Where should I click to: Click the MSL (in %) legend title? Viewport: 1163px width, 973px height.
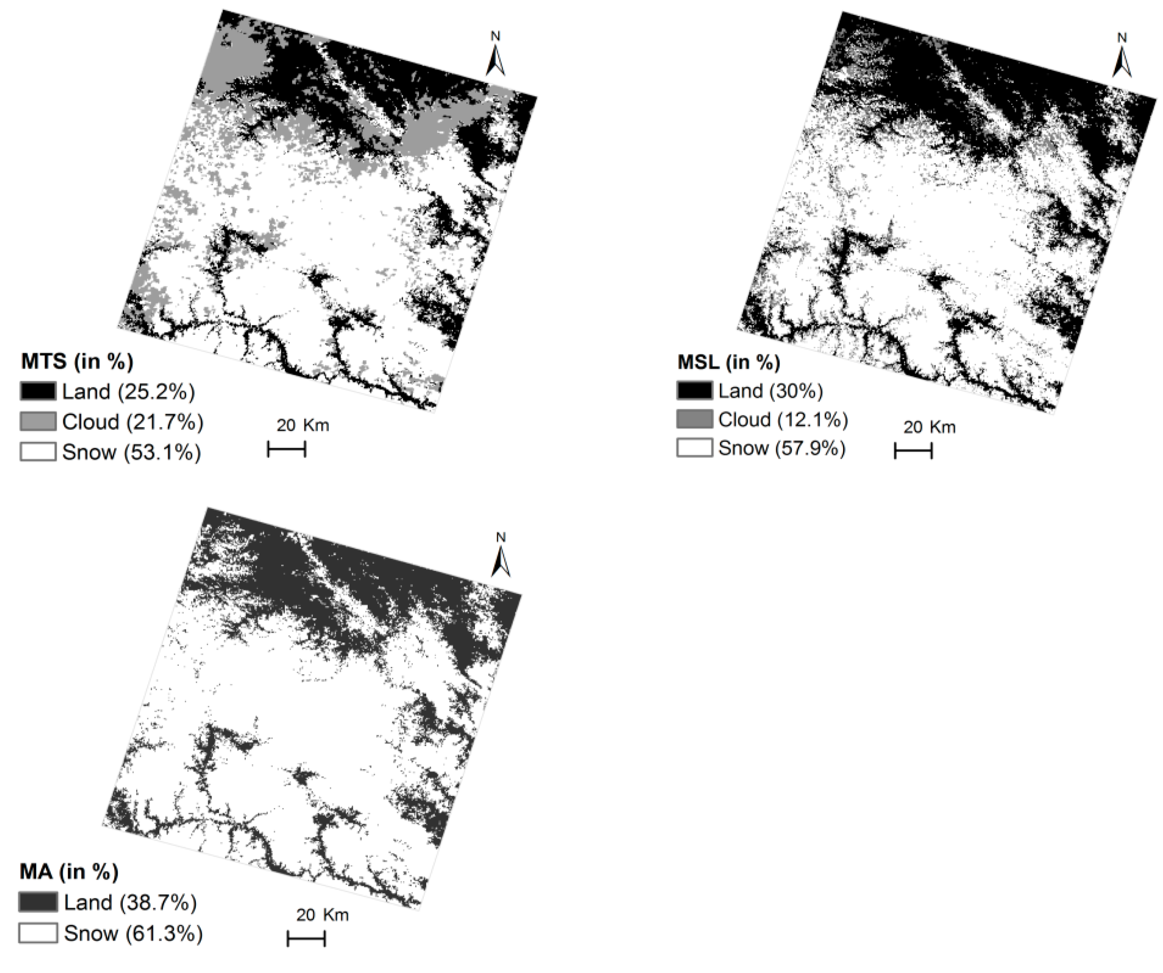(x=729, y=362)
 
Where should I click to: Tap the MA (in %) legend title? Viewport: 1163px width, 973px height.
(x=69, y=872)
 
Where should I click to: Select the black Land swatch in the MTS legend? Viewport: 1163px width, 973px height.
(x=38, y=392)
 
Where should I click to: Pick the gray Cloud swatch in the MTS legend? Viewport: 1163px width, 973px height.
(x=38, y=421)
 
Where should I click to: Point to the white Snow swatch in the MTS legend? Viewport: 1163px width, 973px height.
(x=38, y=452)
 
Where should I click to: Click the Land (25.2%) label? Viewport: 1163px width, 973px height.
(x=129, y=392)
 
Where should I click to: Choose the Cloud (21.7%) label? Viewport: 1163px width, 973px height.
(x=133, y=422)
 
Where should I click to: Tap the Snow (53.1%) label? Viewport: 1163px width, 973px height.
(x=131, y=452)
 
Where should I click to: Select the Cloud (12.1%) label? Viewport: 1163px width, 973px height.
(x=783, y=420)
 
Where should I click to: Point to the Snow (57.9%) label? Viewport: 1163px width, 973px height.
(x=782, y=448)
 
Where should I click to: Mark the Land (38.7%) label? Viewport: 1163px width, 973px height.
(x=130, y=903)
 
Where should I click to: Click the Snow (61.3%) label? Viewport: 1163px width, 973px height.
(x=133, y=934)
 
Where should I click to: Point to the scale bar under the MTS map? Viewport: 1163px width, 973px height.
(x=287, y=449)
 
